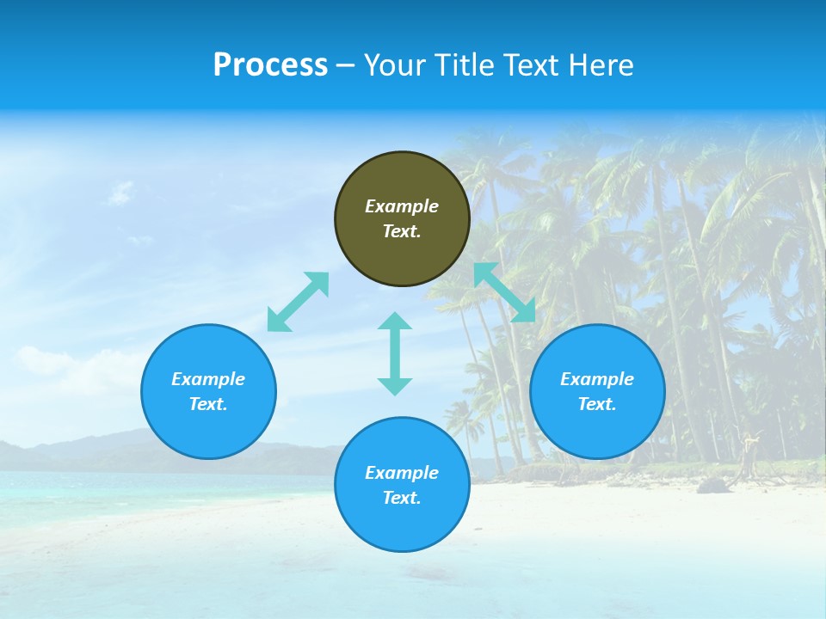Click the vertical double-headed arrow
(395, 353)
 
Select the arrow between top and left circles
(298, 302)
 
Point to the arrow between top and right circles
(504, 292)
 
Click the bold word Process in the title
(270, 65)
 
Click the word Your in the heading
(394, 65)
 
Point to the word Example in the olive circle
(402, 206)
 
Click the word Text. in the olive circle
(402, 231)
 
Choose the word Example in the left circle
(208, 379)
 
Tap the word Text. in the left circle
(208, 404)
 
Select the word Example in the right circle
(597, 379)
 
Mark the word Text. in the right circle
(597, 404)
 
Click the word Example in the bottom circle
(402, 473)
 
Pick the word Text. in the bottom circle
(402, 498)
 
